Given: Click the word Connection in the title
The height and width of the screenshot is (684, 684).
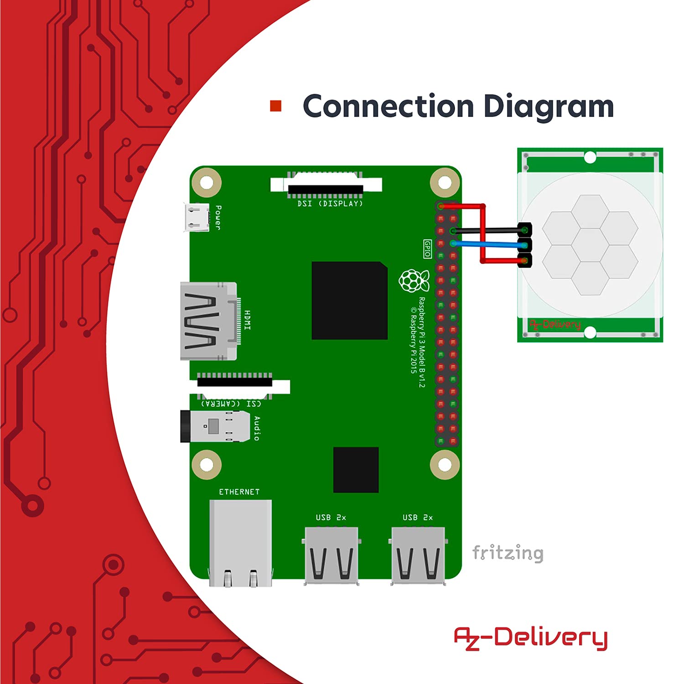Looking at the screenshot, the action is pos(389,106).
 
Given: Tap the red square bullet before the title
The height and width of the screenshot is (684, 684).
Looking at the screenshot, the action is pos(276,106).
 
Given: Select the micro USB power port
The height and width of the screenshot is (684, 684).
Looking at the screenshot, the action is pos(197,217).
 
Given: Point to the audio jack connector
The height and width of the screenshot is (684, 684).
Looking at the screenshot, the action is pos(215,426).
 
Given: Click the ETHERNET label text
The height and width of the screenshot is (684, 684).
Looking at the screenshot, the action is pos(239,492).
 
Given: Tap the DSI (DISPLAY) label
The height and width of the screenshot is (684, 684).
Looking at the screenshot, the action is pos(330,203).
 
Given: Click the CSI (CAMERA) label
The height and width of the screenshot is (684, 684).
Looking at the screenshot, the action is pos(232,404).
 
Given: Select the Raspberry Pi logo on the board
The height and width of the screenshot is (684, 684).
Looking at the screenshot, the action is pos(414,280).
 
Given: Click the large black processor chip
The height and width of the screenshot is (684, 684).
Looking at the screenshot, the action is pos(350,301).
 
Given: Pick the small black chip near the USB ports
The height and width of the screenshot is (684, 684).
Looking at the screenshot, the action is pos(356,470).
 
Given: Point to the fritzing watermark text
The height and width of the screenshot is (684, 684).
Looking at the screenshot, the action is pos(508,553).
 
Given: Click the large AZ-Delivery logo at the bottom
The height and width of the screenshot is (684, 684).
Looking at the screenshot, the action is pos(531,638).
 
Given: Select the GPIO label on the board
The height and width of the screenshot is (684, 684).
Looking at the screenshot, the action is pos(427,249).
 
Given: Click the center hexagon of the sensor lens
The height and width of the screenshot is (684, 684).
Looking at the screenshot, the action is pos(591,245).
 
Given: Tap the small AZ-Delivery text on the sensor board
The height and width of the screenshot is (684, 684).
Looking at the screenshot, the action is pos(555,325).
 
